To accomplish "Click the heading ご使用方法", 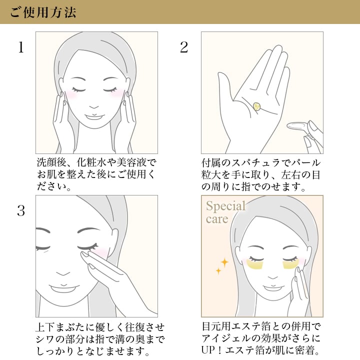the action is coord(43,12).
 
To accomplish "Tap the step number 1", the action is coord(21,47).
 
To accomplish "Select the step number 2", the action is coord(184,47).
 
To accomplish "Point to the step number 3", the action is coord(21,211).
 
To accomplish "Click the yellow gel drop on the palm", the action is coord(256,106).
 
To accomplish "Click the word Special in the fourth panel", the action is coord(225,206).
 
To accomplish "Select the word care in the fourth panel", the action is coord(217,219).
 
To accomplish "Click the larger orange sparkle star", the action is coord(224,262).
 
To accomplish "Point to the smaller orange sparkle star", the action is coord(218,271).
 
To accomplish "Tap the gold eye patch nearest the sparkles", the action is coord(255,264).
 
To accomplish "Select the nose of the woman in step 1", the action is coord(94,107).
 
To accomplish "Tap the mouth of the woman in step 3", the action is coord(63,288).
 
